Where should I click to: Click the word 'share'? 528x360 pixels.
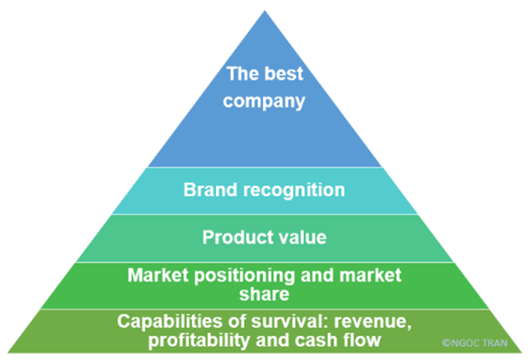pyautogui.click(x=264, y=294)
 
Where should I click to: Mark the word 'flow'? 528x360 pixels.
pyautogui.click(x=363, y=340)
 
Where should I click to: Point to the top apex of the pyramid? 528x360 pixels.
pyautogui.click(x=265, y=12)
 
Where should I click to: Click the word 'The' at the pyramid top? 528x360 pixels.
pyautogui.click(x=242, y=73)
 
